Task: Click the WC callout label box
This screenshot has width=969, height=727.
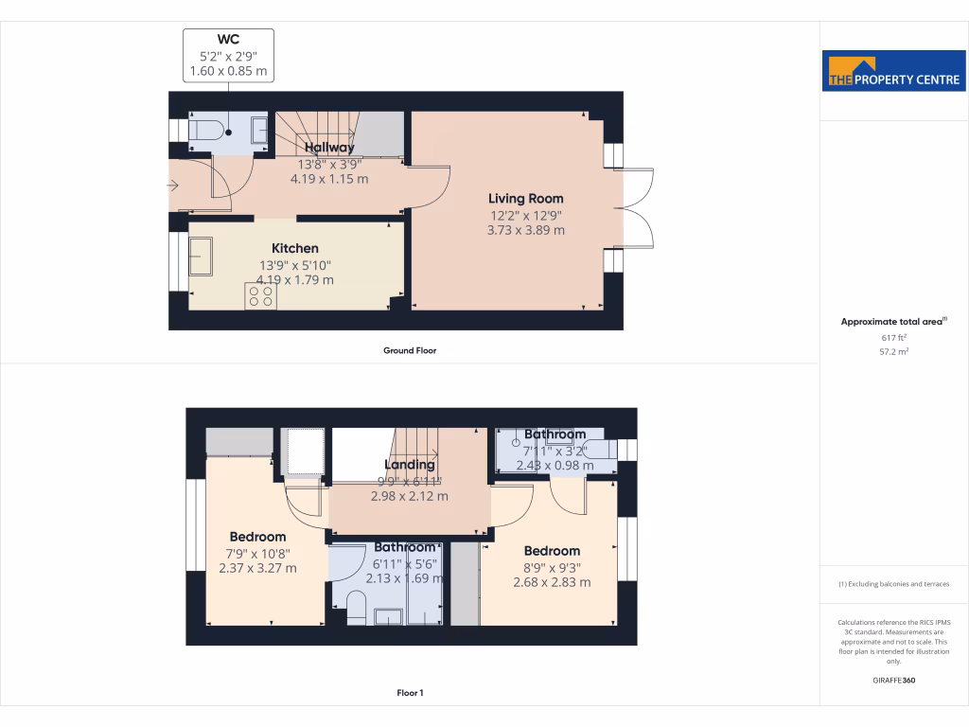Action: [x=228, y=55]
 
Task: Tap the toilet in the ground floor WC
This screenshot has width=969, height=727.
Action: [x=206, y=131]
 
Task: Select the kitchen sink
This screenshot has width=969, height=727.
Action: [x=201, y=254]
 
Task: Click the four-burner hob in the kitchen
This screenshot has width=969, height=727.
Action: [x=261, y=296]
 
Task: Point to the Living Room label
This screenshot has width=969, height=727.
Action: [x=525, y=199]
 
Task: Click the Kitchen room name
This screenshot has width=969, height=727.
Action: [x=295, y=248]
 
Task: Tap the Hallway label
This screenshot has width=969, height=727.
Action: [x=329, y=148]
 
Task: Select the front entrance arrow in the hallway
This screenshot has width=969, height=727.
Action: [x=172, y=186]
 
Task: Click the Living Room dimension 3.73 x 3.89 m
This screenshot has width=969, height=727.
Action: [x=525, y=230]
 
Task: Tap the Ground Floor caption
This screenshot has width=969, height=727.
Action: [x=409, y=350]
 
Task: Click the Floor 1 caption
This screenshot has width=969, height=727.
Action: [x=410, y=693]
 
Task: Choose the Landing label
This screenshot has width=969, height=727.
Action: [x=409, y=465]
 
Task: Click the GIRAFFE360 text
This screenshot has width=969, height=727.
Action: [x=893, y=680]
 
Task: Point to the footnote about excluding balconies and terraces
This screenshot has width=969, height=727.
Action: [x=893, y=584]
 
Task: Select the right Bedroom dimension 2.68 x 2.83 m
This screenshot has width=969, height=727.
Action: [x=552, y=582]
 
